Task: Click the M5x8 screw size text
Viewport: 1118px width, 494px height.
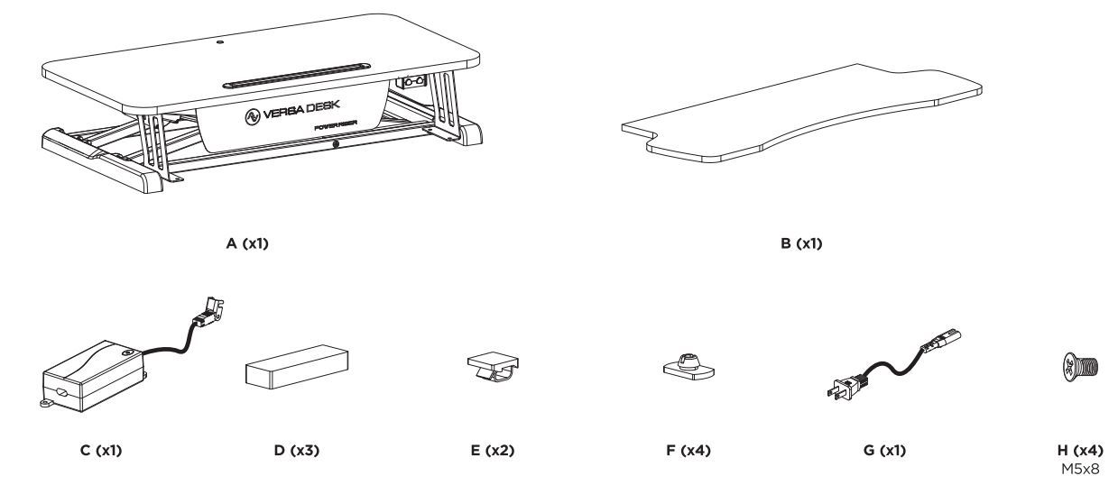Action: (x=1078, y=466)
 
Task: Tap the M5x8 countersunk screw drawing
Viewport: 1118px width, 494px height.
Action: (x=1076, y=368)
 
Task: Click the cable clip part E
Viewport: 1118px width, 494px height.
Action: (x=492, y=371)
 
